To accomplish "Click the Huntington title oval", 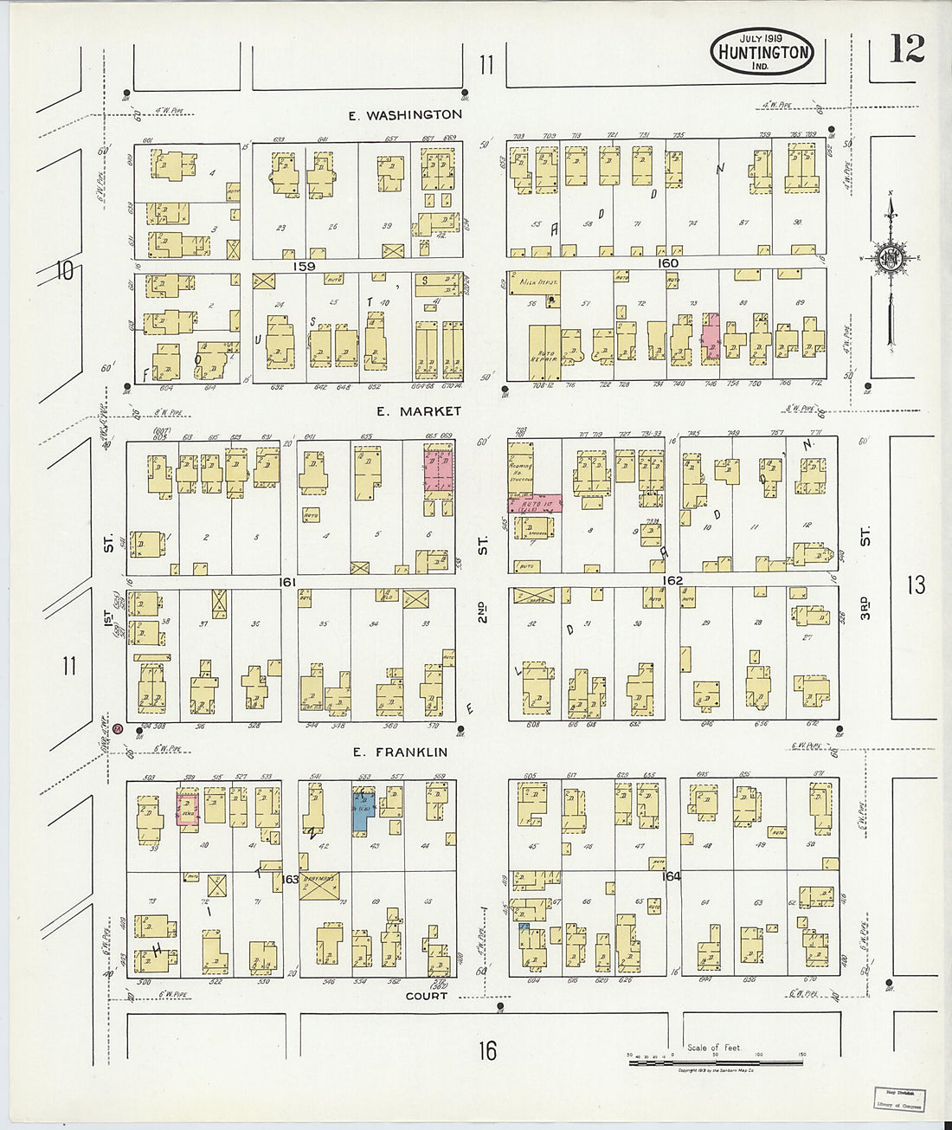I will pyautogui.click(x=762, y=52).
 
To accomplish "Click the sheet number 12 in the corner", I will pyautogui.click(x=906, y=49).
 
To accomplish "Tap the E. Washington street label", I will pyautogui.click(x=405, y=114).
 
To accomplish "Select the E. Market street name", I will pyautogui.click(x=418, y=411).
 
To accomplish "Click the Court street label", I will pyautogui.click(x=427, y=996).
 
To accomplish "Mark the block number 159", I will pyautogui.click(x=304, y=266).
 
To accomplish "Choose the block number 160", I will pyautogui.click(x=667, y=263).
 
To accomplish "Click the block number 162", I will pyautogui.click(x=672, y=580).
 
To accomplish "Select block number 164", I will pyautogui.click(x=671, y=876).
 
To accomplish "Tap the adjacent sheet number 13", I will pyautogui.click(x=916, y=585).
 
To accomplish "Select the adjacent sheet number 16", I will pyautogui.click(x=487, y=1050).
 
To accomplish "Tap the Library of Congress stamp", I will pyautogui.click(x=898, y=1098).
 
